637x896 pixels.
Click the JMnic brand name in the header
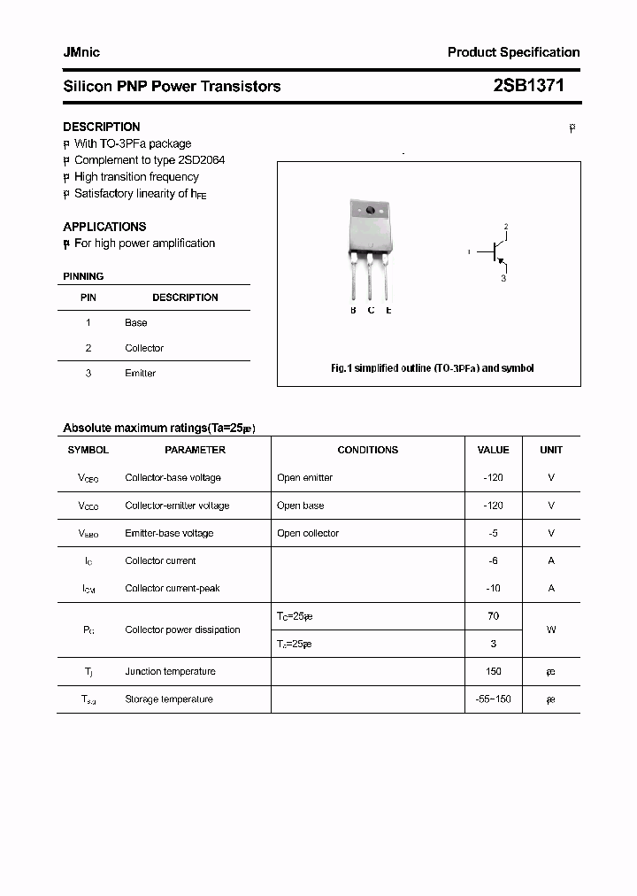coord(81,52)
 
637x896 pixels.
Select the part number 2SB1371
coord(528,86)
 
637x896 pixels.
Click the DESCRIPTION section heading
coord(101,127)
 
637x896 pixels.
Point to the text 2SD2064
coord(202,160)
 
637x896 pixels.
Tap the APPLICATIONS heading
coord(104,227)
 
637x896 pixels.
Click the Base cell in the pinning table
coord(135,323)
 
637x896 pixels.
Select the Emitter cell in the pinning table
coord(140,374)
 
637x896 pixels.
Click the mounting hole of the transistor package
coord(370,211)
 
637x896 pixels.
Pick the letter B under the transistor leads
coord(353,310)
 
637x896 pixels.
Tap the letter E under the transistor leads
coord(388,310)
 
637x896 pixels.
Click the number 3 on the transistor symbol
coord(503,278)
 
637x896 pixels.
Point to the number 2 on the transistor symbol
coord(505,227)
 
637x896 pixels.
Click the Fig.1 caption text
coord(432,368)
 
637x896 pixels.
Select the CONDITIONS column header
coord(367,450)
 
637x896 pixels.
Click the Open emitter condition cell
coord(304,478)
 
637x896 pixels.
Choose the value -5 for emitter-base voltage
coord(493,533)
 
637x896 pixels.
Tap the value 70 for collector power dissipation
coord(493,616)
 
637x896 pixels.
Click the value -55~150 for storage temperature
coord(493,699)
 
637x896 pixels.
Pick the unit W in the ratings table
coord(550,630)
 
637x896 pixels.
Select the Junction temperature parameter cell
coord(170,672)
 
